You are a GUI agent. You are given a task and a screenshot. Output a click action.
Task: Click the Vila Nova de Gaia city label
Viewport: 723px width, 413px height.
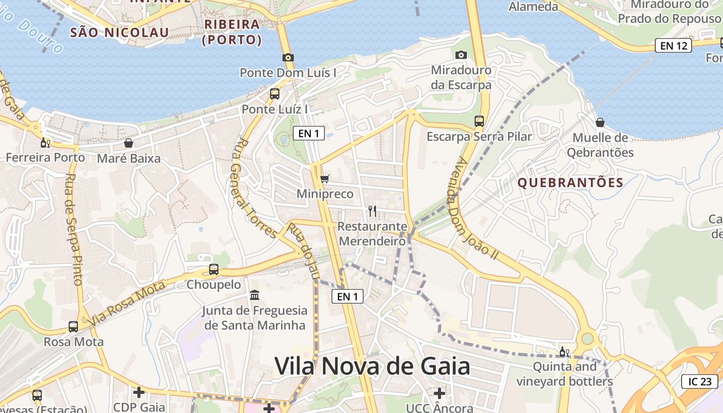tap(372, 367)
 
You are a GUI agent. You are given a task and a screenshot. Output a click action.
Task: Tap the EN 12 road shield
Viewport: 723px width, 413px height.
tap(673, 45)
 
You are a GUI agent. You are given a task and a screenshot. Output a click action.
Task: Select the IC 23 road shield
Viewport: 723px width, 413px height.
tap(700, 382)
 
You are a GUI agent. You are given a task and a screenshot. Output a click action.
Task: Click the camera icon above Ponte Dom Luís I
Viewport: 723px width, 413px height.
tap(288, 57)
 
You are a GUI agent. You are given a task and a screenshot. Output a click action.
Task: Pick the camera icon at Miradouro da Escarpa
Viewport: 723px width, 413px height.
tap(461, 55)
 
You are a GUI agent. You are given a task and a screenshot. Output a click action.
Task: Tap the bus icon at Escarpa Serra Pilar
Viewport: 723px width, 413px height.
tap(479, 121)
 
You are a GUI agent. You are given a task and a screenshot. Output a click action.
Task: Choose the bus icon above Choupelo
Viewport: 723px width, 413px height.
tap(213, 269)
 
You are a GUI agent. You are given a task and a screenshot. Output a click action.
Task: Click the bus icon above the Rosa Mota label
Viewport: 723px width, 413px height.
tap(73, 326)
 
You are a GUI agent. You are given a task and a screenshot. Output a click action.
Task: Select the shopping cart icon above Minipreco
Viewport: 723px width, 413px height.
tap(324, 179)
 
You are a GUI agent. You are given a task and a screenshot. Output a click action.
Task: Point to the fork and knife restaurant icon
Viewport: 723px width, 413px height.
tap(372, 211)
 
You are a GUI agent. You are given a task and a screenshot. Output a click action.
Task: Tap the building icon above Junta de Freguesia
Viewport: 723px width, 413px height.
tap(255, 295)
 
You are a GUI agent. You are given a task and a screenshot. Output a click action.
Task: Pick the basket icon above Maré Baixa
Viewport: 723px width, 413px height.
tap(129, 143)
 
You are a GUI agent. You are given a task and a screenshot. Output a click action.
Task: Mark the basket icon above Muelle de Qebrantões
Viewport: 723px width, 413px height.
tap(600, 122)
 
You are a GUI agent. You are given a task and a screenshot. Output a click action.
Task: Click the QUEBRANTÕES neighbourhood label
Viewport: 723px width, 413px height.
tap(571, 182)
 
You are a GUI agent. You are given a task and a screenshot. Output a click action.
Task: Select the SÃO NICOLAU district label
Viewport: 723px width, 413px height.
tap(119, 33)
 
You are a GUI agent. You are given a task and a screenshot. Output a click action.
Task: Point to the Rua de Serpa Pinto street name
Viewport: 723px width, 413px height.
tap(73, 230)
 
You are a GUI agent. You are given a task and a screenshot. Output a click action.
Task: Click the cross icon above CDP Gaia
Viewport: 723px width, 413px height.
tap(138, 392)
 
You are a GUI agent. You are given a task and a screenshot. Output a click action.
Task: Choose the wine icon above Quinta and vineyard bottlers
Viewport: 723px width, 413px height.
tap(564, 352)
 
